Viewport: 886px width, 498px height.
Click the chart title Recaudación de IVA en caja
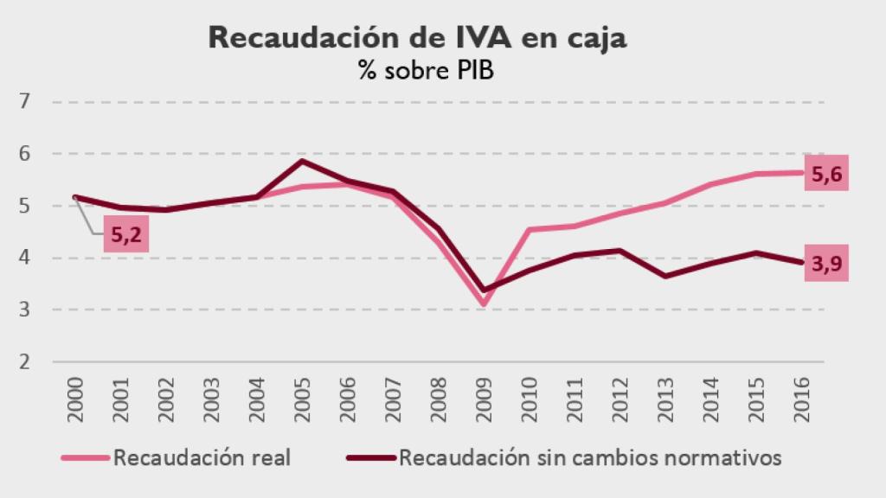coord(417,38)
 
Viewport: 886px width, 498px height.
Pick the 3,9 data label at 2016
coord(826,266)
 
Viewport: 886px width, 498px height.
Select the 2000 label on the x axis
coord(75,399)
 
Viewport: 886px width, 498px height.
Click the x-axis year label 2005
coord(302,399)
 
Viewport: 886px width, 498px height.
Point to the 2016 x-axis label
coord(801,399)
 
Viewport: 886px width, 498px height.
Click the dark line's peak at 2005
coord(302,161)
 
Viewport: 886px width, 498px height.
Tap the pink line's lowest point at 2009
coord(484,303)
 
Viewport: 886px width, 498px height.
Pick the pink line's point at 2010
coord(529,229)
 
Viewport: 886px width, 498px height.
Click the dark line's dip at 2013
coord(664,276)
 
